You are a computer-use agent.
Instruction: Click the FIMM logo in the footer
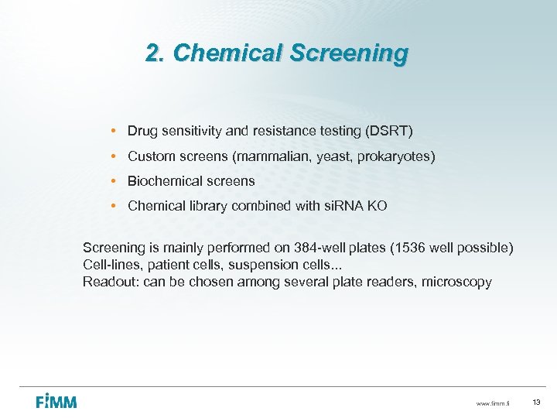pyautogui.click(x=56, y=402)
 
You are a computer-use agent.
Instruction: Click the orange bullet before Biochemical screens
pyautogui.click(x=113, y=181)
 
